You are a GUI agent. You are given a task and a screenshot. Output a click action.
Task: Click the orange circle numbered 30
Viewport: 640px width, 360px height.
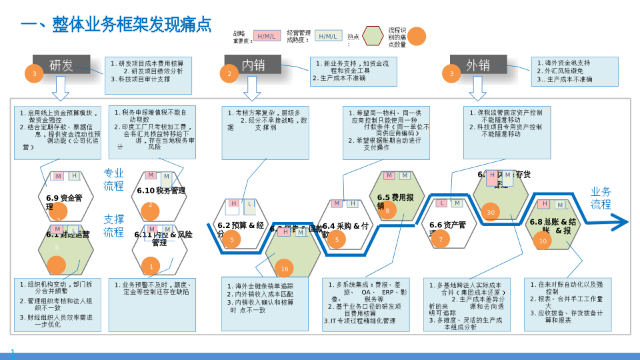click(x=491, y=213)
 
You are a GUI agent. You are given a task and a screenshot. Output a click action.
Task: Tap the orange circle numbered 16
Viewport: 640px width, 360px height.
click(x=284, y=269)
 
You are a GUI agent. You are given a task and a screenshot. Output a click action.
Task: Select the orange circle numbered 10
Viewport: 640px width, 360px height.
click(x=543, y=241)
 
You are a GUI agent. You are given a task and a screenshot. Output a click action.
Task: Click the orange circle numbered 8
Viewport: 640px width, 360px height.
click(x=387, y=211)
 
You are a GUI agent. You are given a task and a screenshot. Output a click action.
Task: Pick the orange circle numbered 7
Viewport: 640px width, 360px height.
click(x=440, y=239)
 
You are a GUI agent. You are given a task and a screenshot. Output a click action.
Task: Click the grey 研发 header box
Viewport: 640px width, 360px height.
click(x=61, y=65)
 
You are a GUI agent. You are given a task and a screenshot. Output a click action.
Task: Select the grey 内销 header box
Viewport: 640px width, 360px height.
click(x=253, y=65)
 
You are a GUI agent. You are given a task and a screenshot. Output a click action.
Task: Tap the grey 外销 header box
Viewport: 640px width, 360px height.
click(x=478, y=65)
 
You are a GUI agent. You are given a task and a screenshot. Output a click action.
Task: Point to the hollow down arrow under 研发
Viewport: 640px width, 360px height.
click(x=61, y=87)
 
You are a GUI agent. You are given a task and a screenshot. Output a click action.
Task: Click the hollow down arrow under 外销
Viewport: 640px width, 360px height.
click(x=478, y=87)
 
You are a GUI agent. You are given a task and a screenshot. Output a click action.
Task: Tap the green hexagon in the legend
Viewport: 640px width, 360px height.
click(x=373, y=36)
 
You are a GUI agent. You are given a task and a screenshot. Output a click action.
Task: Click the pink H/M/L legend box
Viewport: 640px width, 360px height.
click(x=267, y=36)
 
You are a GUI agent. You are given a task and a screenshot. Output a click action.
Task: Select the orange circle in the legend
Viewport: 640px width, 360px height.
click(x=417, y=36)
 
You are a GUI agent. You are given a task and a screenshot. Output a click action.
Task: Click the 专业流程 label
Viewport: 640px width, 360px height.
click(x=113, y=179)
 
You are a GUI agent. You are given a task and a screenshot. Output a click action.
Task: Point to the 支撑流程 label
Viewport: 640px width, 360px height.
click(x=113, y=225)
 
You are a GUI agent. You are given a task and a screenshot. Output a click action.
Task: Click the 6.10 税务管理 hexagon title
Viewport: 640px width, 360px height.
click(x=161, y=191)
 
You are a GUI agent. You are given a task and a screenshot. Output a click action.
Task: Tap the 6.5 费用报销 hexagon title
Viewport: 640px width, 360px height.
click(x=395, y=201)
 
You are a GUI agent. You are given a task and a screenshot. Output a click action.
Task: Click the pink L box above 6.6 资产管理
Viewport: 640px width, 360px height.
click(x=441, y=203)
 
